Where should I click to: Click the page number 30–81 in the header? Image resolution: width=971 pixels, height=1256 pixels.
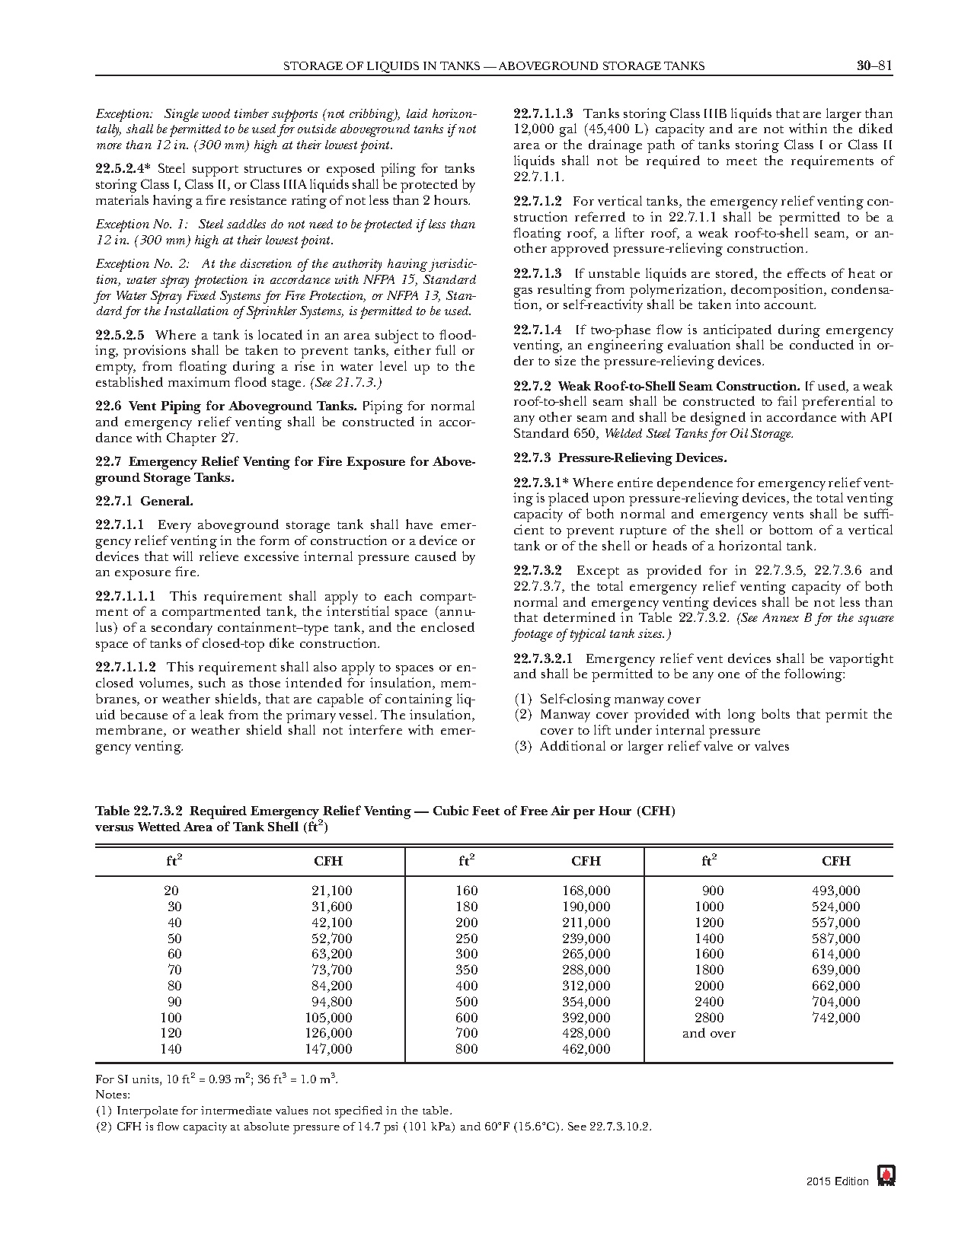pyautogui.click(x=874, y=65)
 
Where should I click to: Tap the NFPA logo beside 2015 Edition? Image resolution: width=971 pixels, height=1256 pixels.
pyautogui.click(x=886, y=1176)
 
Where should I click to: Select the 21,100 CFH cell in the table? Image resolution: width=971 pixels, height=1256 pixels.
pyautogui.click(x=331, y=891)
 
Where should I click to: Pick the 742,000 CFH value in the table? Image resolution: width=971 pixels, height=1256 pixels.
pyautogui.click(x=835, y=1018)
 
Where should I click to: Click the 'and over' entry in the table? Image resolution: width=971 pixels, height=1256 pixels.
pyautogui.click(x=708, y=1034)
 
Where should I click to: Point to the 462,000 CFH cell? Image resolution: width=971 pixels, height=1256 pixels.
pyautogui.click(x=586, y=1050)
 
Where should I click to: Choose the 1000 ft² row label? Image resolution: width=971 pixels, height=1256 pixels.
pyautogui.click(x=709, y=907)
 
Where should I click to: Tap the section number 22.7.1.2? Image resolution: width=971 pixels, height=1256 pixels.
pyautogui.click(x=537, y=202)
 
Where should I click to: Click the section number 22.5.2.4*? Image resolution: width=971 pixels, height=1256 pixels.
pyautogui.click(x=124, y=169)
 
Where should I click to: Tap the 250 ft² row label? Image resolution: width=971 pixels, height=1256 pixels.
pyautogui.click(x=467, y=939)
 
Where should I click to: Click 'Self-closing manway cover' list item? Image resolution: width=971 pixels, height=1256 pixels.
pyautogui.click(x=619, y=699)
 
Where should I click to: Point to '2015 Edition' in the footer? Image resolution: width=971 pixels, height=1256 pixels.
pyautogui.click(x=837, y=1181)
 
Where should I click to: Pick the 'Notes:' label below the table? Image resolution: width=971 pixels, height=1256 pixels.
pyautogui.click(x=113, y=1095)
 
